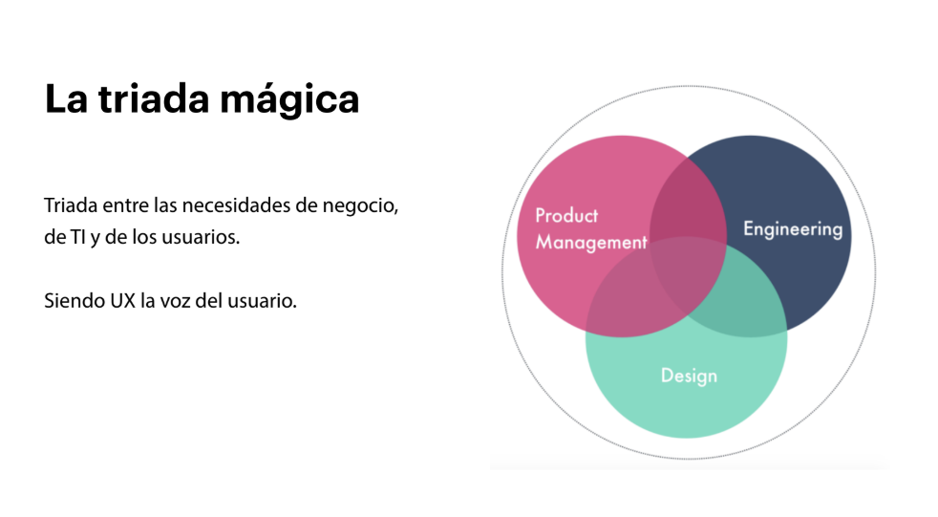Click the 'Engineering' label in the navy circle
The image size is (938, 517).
click(793, 229)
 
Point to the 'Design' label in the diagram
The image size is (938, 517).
click(689, 376)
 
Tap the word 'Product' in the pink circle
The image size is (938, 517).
click(566, 215)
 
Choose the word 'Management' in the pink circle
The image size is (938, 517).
click(590, 242)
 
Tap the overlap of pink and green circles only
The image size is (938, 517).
click(630, 306)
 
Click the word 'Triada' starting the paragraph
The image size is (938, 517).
click(69, 206)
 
